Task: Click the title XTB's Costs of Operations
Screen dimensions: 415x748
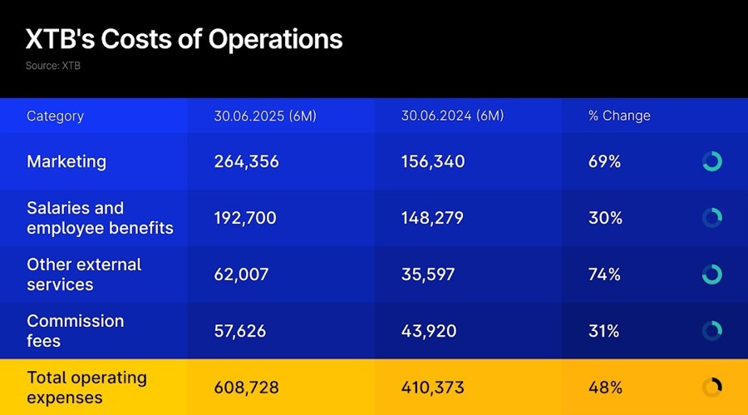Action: [184, 39]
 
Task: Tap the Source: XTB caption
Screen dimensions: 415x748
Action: [52, 66]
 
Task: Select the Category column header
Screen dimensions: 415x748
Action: [55, 116]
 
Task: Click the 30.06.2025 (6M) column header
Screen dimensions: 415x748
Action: [265, 116]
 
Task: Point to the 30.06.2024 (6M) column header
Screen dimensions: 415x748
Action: [452, 116]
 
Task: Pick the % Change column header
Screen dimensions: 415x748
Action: [619, 116]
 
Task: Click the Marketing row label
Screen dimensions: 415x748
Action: [66, 161]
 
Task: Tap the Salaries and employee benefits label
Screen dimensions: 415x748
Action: [100, 218]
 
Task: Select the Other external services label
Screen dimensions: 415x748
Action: [84, 274]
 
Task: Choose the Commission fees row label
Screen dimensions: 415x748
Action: [75, 331]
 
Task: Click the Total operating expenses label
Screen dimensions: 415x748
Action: [86, 388]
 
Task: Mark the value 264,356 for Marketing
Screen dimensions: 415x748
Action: [246, 161]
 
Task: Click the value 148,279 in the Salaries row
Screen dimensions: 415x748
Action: [432, 218]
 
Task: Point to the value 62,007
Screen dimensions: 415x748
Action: [241, 274]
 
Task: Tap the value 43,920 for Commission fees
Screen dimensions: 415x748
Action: [429, 331]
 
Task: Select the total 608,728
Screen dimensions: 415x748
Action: [246, 388]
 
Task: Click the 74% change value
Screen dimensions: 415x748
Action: [604, 274]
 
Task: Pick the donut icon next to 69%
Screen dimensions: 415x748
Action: [711, 161]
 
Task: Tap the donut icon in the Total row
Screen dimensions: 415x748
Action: [711, 388]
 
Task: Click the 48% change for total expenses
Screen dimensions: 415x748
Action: [604, 388]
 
